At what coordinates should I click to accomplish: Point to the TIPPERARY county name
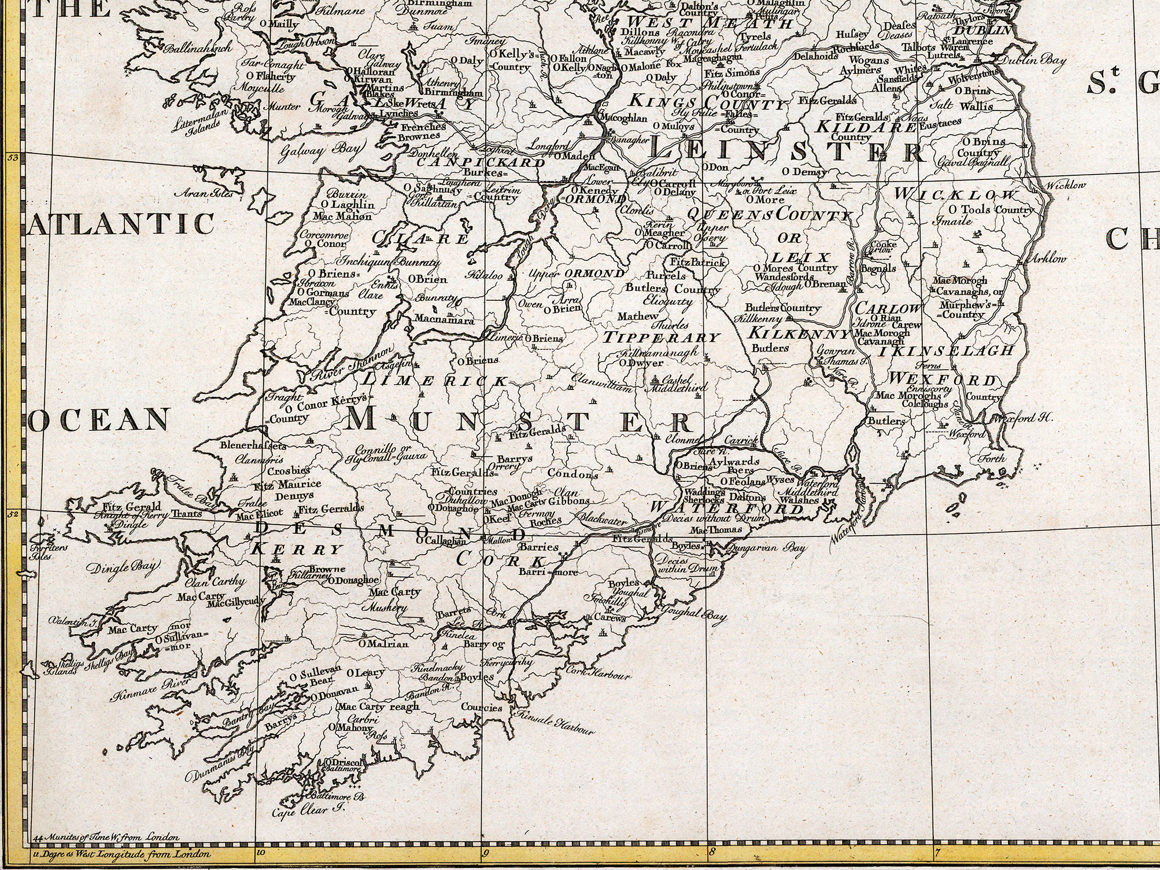(x=662, y=338)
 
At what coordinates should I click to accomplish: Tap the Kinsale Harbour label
(x=554, y=724)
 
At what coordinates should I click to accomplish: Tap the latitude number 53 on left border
(x=14, y=157)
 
